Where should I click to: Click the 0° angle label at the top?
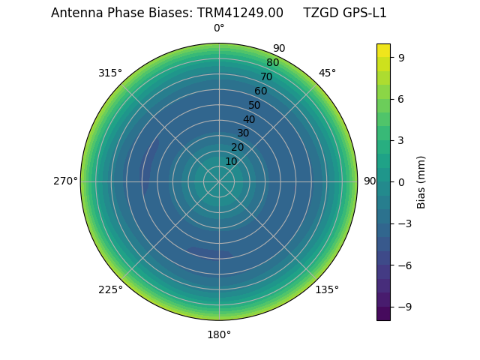coord(219,28)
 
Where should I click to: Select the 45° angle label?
coord(327,73)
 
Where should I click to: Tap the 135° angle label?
coord(327,289)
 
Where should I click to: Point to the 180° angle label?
coord(219,334)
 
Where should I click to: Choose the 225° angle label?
coord(110,289)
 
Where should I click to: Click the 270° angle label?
coord(65,181)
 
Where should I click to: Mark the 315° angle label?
coord(110,73)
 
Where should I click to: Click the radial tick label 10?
coord(231,161)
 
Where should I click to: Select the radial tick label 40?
coord(249,119)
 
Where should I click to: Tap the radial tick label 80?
coord(272,62)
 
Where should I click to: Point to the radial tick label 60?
coord(260,91)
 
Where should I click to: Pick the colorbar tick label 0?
coord(402,181)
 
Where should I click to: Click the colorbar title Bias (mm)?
coord(421,181)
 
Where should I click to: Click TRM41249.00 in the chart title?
coord(240,13)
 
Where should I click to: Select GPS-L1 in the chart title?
coord(363,13)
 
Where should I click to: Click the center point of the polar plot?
coord(219,181)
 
